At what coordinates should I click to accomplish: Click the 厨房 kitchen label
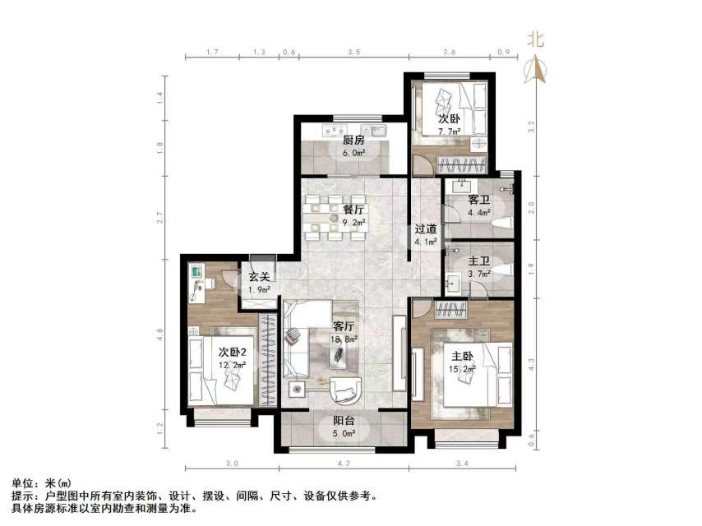click(353, 141)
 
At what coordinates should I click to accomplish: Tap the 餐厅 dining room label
click(354, 210)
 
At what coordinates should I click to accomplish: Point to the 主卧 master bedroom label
click(460, 356)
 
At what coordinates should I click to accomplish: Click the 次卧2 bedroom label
click(233, 352)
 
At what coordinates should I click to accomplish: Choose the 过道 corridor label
click(425, 228)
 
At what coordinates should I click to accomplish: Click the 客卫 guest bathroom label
click(479, 200)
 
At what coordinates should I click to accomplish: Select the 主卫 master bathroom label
click(479, 262)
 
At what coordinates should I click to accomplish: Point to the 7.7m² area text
click(449, 131)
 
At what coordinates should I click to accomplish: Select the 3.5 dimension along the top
click(354, 52)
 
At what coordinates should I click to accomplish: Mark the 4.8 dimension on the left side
click(161, 334)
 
